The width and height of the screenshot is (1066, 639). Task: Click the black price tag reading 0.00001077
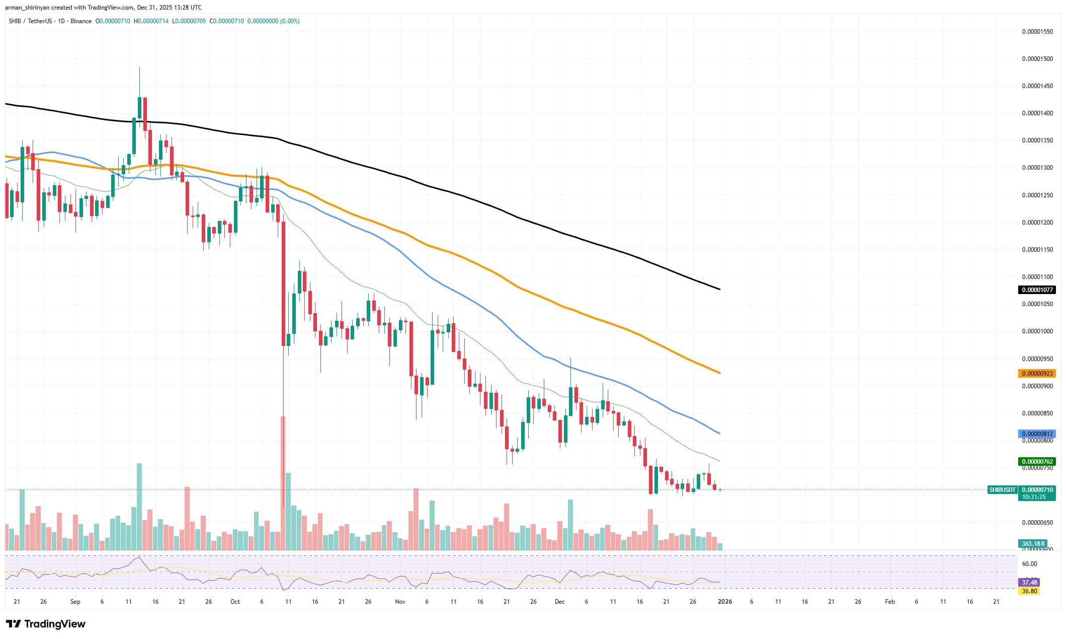tap(1036, 290)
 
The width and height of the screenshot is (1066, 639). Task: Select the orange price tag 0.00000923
tap(1036, 374)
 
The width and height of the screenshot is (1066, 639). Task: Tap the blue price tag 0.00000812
tap(1036, 434)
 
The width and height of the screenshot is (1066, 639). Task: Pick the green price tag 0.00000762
tap(1036, 462)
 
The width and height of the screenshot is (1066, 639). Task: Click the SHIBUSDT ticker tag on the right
tap(1002, 490)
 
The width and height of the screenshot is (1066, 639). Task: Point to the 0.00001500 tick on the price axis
tap(1037, 59)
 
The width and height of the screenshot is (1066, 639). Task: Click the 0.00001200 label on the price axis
tap(1037, 223)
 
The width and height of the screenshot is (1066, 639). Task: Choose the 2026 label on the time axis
tap(724, 602)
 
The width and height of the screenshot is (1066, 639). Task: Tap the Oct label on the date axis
tap(235, 602)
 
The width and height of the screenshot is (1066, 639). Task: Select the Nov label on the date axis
tap(400, 602)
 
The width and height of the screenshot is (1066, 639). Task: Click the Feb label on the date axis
tap(889, 602)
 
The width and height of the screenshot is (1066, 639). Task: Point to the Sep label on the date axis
tap(75, 602)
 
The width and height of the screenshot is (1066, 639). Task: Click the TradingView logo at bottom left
tap(46, 624)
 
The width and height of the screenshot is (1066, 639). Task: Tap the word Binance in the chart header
tap(81, 21)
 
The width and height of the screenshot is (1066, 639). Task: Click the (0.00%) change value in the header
tap(290, 21)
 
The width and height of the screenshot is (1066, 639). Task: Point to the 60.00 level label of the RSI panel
tap(1029, 564)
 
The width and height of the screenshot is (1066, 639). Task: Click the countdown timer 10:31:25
tap(1032, 497)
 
